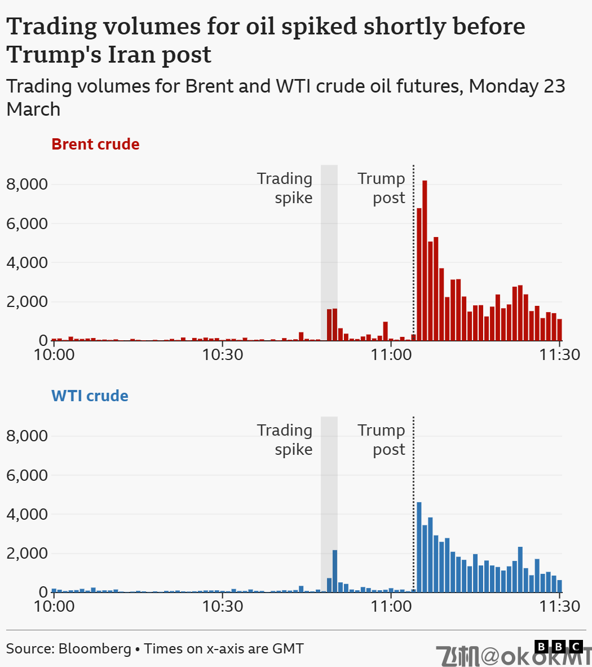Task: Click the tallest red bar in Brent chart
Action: pos(425,260)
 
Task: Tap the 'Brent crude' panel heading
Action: pos(95,144)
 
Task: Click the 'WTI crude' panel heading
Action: pos(90,396)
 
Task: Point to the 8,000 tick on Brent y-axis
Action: pos(27,185)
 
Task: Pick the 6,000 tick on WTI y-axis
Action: pos(27,475)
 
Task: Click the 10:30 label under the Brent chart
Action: pos(223,355)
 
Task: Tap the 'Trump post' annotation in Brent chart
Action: pos(382,188)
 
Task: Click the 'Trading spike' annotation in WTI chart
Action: pos(285,440)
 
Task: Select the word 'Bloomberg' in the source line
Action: pos(95,648)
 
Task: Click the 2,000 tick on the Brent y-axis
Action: pos(27,301)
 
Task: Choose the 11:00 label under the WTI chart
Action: pos(391,607)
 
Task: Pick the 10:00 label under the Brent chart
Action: pos(54,355)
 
